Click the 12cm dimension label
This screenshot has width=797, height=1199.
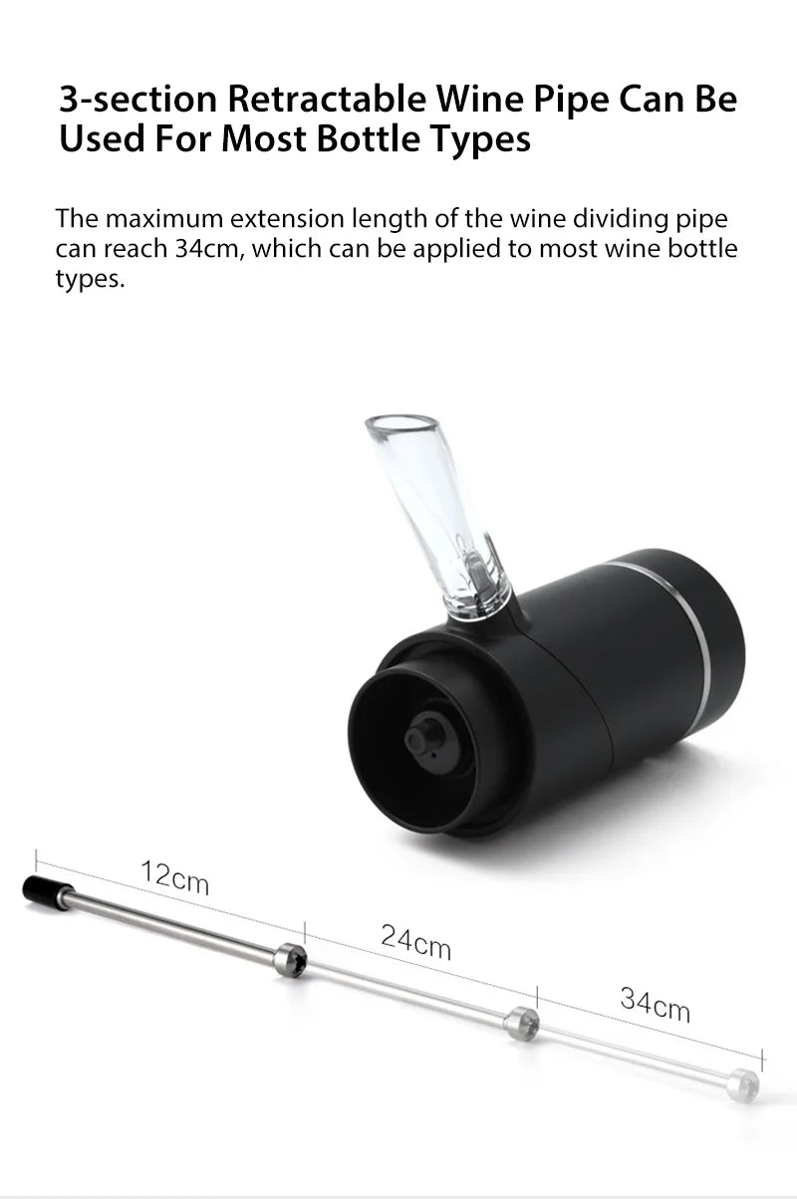[174, 877]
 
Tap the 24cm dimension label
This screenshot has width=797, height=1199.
[415, 940]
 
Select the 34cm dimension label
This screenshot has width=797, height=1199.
[655, 1003]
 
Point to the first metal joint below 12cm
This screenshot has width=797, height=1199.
[290, 959]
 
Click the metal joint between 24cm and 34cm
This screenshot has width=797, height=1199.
[521, 1023]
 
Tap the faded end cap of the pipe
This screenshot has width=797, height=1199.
[742, 1084]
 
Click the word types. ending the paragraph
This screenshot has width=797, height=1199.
[90, 279]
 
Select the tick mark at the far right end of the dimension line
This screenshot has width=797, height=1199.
[763, 1059]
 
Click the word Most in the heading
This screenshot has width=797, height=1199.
[266, 139]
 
